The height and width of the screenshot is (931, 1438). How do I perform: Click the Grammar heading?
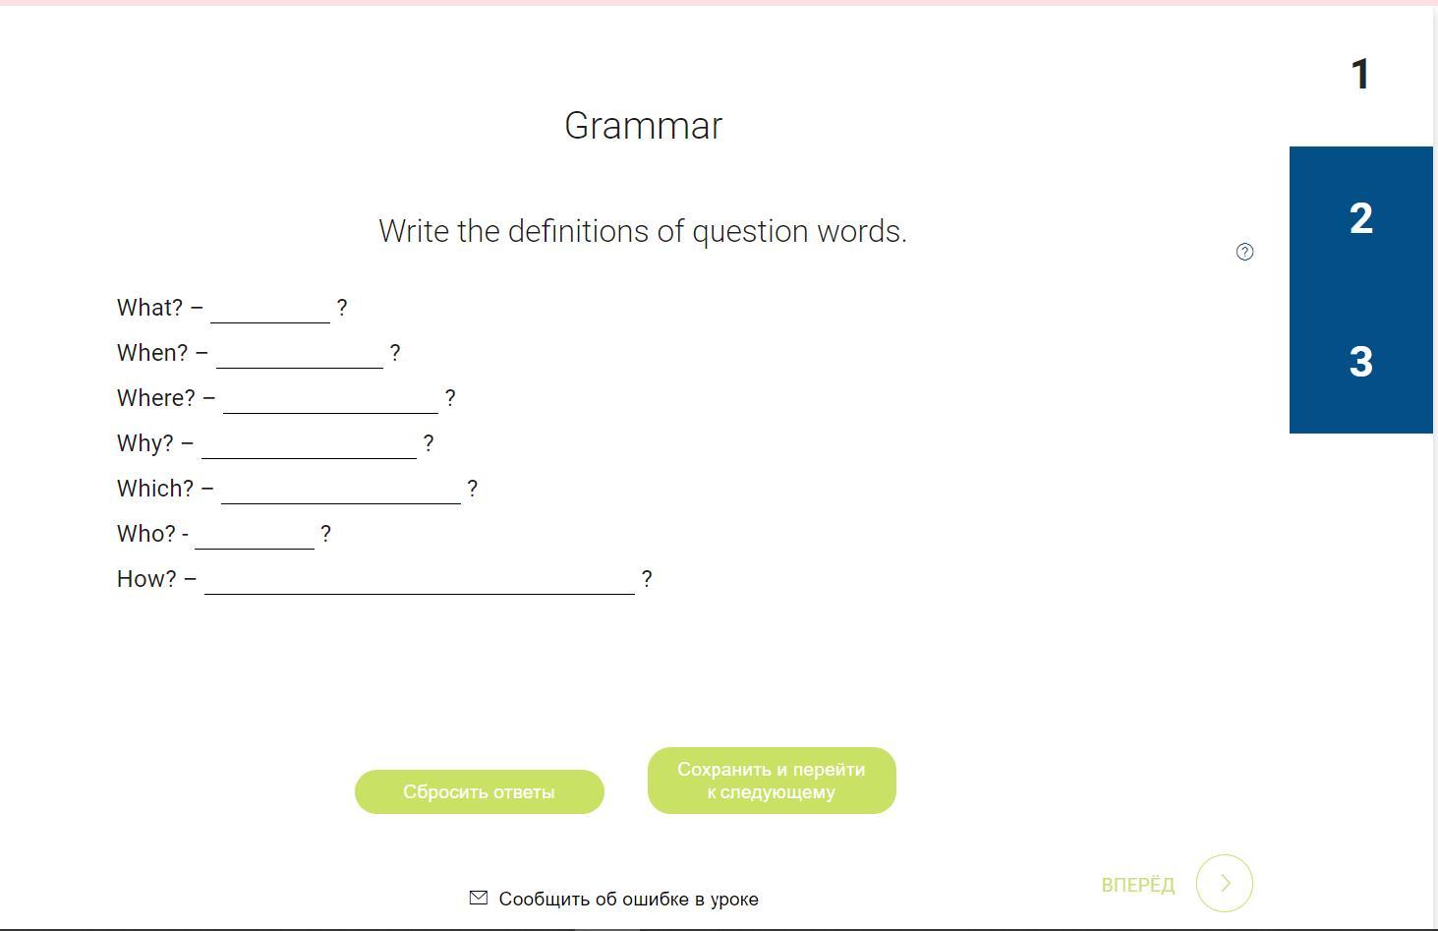tap(643, 126)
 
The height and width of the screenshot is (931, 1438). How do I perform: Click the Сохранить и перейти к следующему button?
tap(772, 781)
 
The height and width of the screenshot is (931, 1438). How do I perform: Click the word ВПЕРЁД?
tap(1137, 885)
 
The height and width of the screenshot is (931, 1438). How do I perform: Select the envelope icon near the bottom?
tap(479, 898)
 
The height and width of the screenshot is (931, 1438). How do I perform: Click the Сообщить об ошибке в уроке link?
tap(628, 899)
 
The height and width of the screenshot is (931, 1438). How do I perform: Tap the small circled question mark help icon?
tap(1244, 252)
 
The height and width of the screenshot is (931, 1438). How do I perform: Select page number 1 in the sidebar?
tap(1360, 74)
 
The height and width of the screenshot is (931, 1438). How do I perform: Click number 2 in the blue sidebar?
tap(1361, 218)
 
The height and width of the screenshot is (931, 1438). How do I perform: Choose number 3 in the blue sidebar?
tap(1361, 362)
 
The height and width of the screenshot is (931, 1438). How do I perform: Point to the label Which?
tap(154, 489)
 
